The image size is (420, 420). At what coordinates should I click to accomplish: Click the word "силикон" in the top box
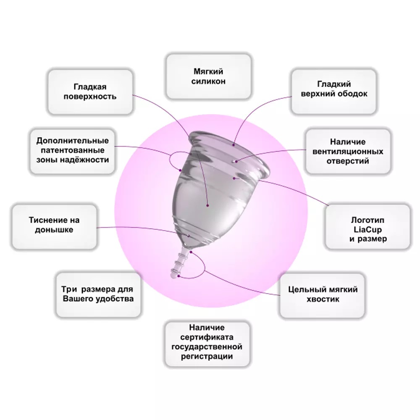(x=208, y=81)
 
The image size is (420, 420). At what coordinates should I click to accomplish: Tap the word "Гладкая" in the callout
(x=90, y=87)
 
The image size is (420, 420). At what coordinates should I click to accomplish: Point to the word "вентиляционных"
(x=348, y=152)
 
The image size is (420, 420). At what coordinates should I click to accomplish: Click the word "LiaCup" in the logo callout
(x=367, y=230)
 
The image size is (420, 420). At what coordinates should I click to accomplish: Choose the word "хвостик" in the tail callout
(x=323, y=299)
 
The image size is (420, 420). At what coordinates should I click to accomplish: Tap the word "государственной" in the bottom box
(x=207, y=347)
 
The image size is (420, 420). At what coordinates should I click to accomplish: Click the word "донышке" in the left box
(x=54, y=230)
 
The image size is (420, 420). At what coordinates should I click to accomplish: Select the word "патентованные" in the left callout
(x=73, y=150)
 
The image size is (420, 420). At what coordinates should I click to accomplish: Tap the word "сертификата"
(x=207, y=337)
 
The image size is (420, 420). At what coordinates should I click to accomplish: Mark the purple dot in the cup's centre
(x=207, y=205)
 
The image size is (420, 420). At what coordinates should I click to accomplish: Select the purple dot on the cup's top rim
(x=234, y=145)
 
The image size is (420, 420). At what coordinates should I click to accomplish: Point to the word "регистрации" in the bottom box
(x=207, y=357)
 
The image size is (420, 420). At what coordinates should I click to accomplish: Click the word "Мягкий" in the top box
(x=208, y=71)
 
